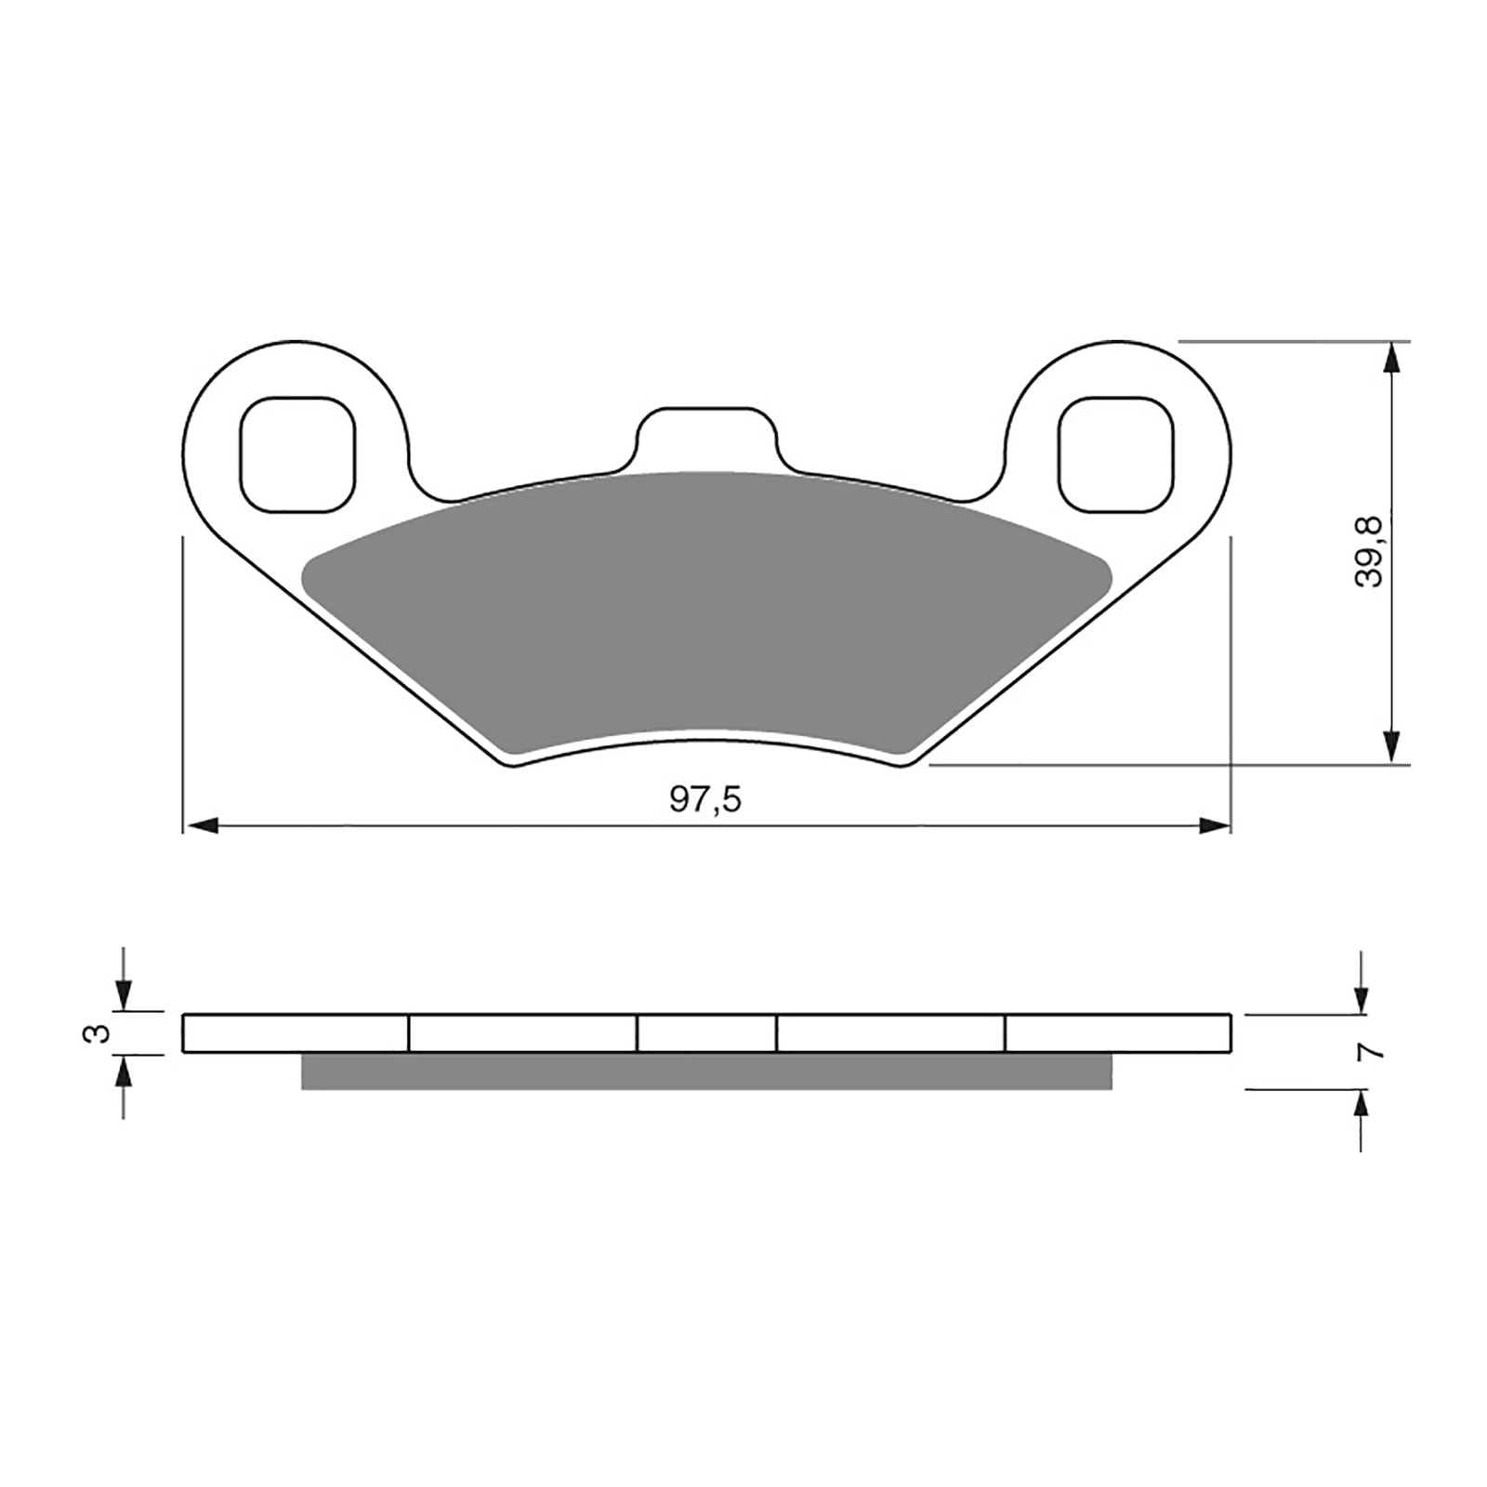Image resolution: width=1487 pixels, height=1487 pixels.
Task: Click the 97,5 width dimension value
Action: tap(706, 800)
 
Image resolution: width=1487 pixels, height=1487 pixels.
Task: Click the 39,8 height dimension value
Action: tap(1369, 552)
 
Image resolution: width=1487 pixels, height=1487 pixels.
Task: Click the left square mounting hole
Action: tap(297, 454)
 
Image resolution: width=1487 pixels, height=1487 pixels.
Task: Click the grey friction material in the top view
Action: tap(706, 613)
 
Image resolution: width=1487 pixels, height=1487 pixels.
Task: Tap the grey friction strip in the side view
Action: tap(706, 1071)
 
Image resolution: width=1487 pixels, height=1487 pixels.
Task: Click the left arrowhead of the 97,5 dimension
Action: tap(202, 825)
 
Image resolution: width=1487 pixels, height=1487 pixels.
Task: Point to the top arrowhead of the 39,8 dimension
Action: tap(1390, 359)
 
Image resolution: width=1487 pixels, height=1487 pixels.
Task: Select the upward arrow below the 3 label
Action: tap(124, 1074)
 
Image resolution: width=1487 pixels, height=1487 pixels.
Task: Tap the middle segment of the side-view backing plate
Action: tap(706, 1033)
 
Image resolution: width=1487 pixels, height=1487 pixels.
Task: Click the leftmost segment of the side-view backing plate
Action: tap(296, 1033)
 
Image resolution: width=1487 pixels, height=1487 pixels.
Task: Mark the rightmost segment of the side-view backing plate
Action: tap(1118, 1033)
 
